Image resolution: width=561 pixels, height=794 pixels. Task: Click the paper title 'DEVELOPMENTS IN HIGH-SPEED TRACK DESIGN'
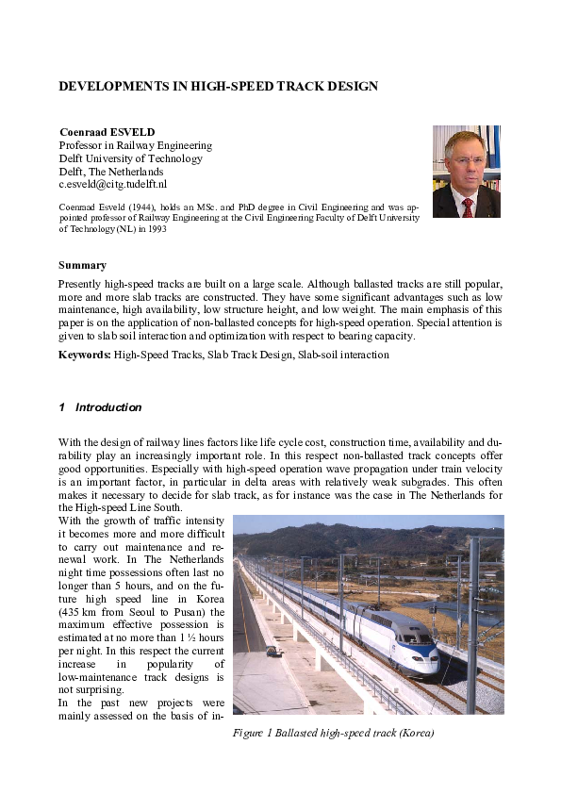coord(218,86)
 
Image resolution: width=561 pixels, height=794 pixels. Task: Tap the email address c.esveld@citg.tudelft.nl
coord(112,185)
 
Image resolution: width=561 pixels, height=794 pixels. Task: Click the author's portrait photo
coord(466,172)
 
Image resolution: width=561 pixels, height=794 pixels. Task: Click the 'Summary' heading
coord(82,265)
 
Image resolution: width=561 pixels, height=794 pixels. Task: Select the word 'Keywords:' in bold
coord(85,356)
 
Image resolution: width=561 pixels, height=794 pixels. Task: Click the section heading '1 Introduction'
coord(100,407)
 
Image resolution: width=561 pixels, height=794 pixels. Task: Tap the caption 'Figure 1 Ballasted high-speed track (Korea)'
coord(333,733)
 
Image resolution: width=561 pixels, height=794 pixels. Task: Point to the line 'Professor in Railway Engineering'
coord(135,146)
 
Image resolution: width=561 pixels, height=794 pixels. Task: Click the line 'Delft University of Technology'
coord(130,159)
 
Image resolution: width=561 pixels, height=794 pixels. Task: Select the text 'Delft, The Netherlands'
coord(110,173)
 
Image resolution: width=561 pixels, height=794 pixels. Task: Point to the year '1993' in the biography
coord(152,229)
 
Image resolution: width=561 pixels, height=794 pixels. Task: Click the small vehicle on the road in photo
coord(272,652)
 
